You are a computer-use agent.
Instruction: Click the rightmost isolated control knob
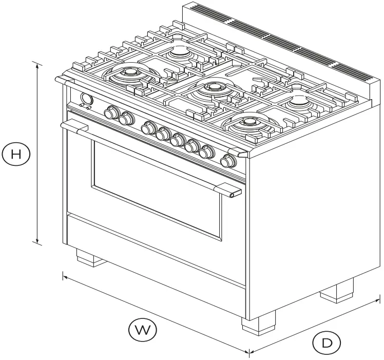click(228, 161)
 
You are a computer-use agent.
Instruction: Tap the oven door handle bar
click(149, 156)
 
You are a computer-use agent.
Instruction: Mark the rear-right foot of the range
click(337, 291)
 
